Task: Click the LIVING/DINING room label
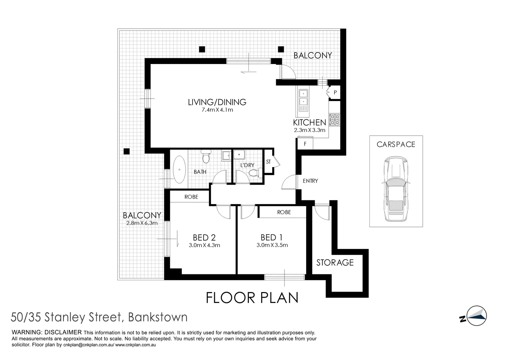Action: click(217, 102)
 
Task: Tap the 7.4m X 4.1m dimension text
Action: click(217, 110)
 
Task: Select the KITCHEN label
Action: click(309, 122)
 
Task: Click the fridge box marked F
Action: click(305, 144)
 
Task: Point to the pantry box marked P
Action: click(335, 92)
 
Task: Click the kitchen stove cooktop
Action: click(334, 120)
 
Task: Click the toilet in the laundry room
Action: click(254, 173)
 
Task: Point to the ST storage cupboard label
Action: click(268, 162)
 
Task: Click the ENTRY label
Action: click(310, 181)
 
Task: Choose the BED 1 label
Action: click(271, 237)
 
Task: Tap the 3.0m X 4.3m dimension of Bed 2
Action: click(204, 245)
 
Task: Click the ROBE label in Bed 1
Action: click(284, 212)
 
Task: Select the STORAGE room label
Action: click(335, 263)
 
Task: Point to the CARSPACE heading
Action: click(396, 144)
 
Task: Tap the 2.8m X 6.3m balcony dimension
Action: click(142, 223)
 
